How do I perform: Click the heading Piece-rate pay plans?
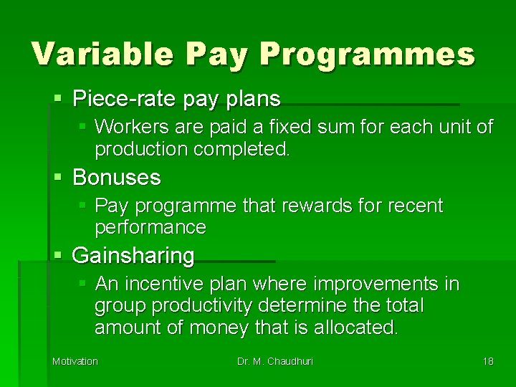(x=176, y=97)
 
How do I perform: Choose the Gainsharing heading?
(x=133, y=255)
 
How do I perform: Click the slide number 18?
(x=487, y=361)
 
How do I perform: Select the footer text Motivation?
(x=75, y=361)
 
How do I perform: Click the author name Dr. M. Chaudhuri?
(x=275, y=361)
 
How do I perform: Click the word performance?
(x=150, y=228)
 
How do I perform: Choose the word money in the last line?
(x=221, y=328)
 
